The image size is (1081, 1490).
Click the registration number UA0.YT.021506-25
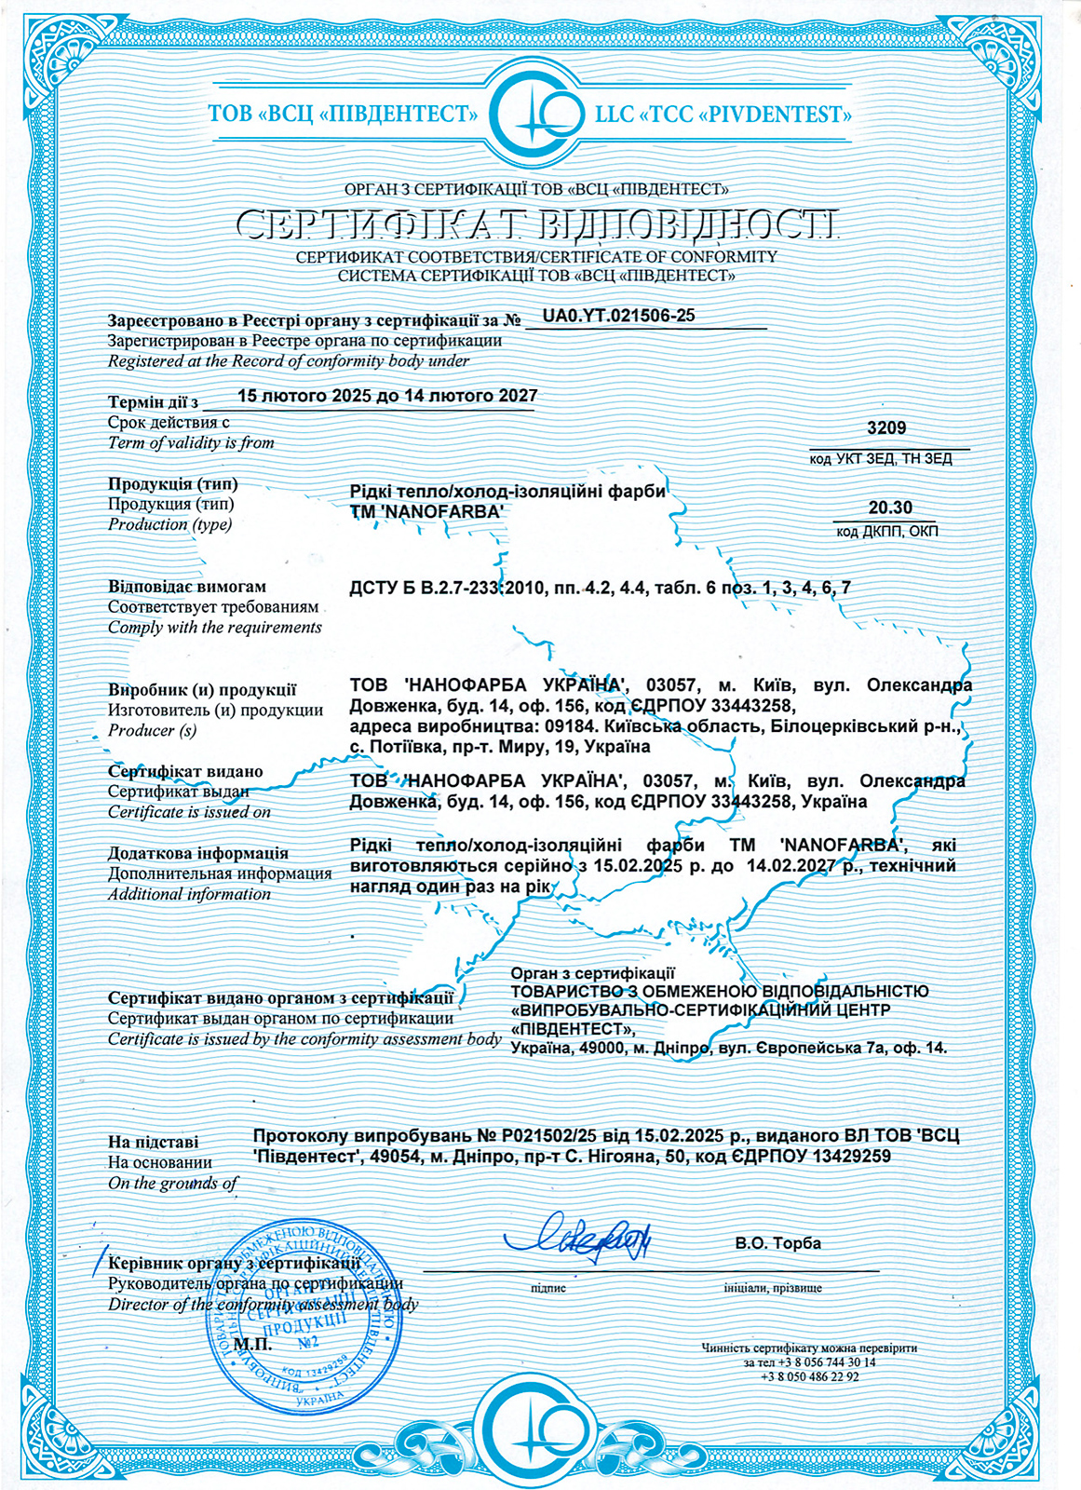click(x=618, y=316)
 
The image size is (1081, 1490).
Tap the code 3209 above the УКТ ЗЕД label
click(x=885, y=428)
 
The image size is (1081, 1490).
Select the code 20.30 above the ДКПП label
click(x=889, y=508)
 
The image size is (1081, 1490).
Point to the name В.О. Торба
click(x=777, y=1243)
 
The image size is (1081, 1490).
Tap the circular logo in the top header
click(x=538, y=115)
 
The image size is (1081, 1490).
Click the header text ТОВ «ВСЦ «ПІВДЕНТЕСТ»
click(x=342, y=115)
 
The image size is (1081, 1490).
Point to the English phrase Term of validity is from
click(x=191, y=443)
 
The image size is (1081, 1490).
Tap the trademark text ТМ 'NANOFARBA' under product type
click(x=426, y=511)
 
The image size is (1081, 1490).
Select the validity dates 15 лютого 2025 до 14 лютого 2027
click(x=387, y=396)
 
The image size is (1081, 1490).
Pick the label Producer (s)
click(x=152, y=731)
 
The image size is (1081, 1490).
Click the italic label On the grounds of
click(x=173, y=1184)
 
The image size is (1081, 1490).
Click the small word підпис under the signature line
click(x=548, y=1288)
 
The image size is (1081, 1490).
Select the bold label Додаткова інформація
click(x=197, y=853)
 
